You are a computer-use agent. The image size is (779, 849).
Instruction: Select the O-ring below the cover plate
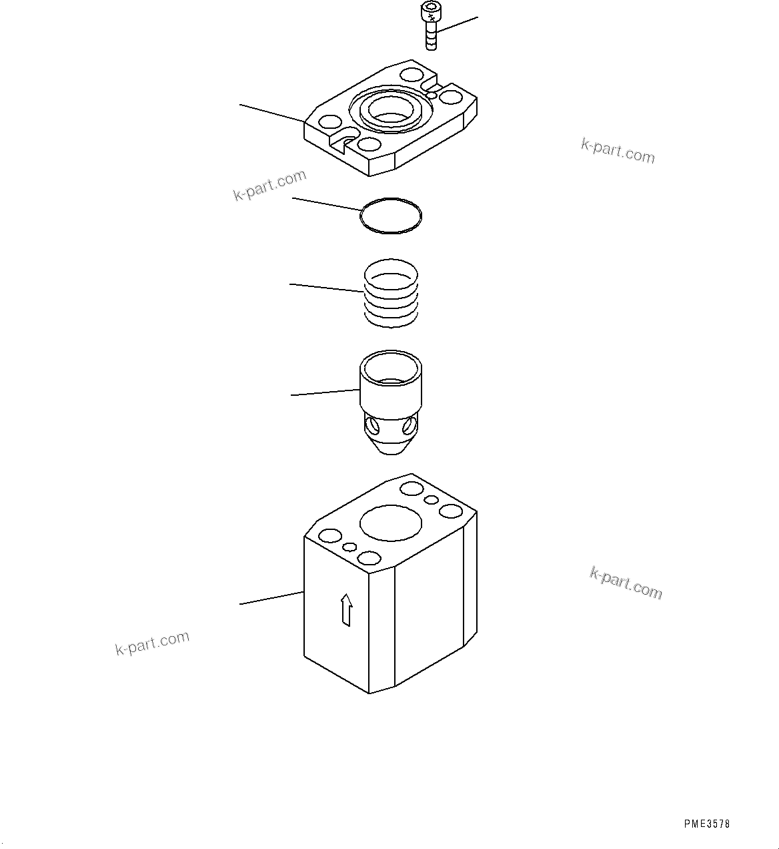(391, 216)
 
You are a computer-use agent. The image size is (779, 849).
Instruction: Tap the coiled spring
(391, 294)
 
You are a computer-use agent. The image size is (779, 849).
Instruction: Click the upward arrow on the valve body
(346, 609)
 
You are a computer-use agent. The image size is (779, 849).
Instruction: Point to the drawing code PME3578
(707, 824)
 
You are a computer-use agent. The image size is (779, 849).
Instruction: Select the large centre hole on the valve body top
(390, 522)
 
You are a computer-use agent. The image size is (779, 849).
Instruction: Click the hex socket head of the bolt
(431, 11)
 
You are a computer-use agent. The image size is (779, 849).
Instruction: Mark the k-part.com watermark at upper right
(618, 152)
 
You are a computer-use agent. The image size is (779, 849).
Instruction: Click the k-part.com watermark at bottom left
(153, 643)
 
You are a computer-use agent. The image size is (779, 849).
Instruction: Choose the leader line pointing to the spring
(327, 288)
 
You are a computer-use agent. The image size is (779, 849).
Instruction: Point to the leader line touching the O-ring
(327, 204)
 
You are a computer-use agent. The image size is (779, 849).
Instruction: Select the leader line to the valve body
(272, 597)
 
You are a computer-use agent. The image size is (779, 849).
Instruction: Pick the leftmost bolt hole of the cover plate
(330, 122)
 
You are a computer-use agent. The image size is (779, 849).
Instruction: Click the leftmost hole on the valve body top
(330, 535)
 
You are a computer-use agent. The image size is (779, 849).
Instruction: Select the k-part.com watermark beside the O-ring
(270, 185)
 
